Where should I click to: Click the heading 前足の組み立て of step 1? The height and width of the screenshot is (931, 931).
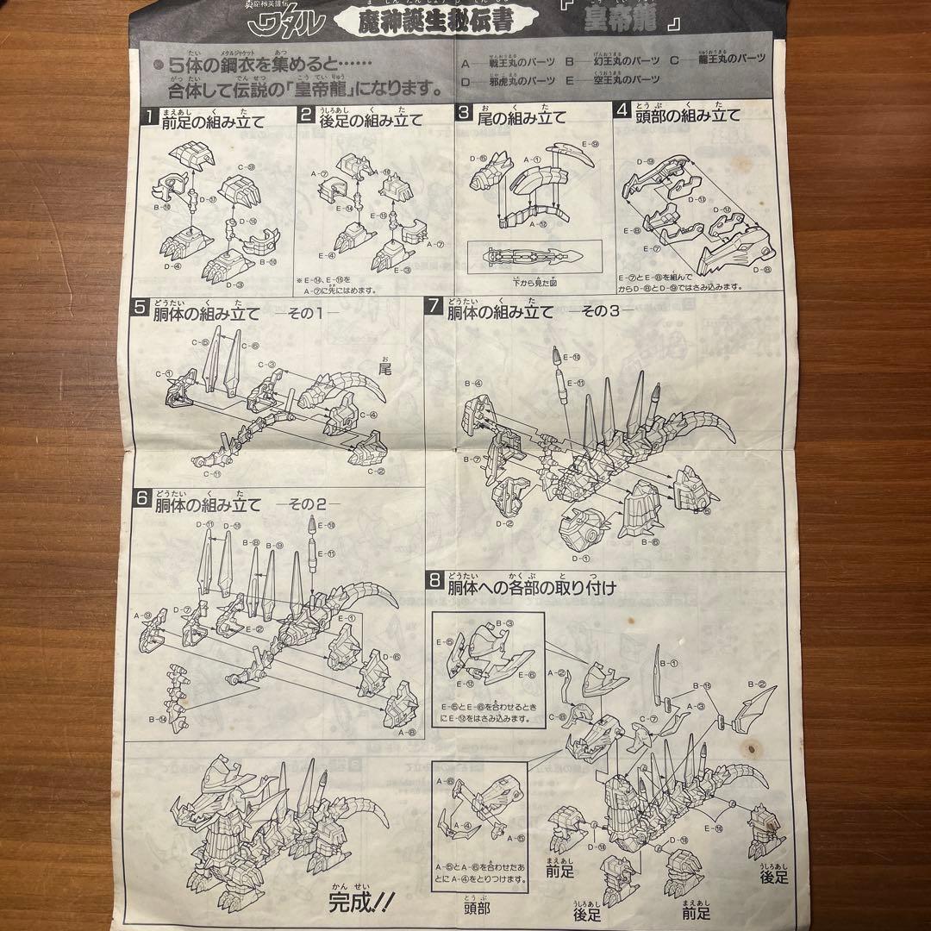(212, 119)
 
